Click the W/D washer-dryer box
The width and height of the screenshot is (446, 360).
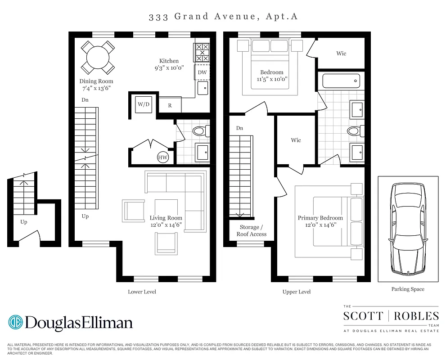144,104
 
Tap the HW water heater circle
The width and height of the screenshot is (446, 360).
162,157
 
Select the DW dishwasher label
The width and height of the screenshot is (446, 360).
203,72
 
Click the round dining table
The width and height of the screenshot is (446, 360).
97,58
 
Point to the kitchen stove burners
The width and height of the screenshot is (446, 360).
202,53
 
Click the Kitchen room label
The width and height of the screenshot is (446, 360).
169,61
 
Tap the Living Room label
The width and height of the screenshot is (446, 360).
166,218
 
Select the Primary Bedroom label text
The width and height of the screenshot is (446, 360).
320,218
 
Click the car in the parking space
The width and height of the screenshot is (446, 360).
408,228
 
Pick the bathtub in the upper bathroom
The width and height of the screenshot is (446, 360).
341,81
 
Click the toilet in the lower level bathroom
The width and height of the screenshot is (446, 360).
199,131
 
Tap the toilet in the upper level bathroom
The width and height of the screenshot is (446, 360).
354,131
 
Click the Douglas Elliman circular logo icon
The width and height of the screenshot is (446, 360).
16,322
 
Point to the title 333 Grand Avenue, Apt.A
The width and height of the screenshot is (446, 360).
223,17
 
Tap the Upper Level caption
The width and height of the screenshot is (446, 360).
296,292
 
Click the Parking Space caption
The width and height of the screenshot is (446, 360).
408,289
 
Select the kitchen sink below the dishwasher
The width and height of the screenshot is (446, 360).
203,88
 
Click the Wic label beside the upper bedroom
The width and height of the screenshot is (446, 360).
341,54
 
